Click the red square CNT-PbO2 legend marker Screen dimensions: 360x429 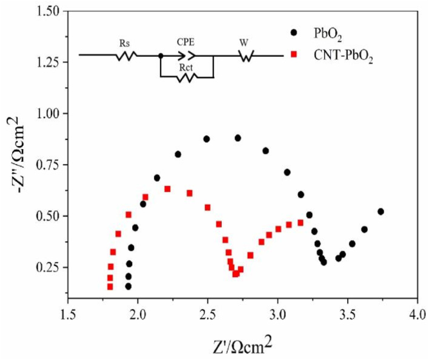point(294,55)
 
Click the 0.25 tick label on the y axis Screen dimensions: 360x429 point(47,267)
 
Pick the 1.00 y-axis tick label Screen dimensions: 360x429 point(47,114)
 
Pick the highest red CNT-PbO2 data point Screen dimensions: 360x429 point(167,189)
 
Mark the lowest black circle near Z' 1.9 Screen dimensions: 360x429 point(128,287)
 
